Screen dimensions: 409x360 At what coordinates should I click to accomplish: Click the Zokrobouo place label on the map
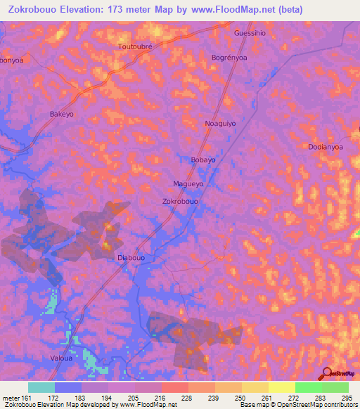pyautogui.click(x=180, y=201)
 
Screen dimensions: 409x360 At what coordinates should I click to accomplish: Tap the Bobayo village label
pyautogui.click(x=203, y=160)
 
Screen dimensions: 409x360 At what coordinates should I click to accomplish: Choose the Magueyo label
pyautogui.click(x=188, y=184)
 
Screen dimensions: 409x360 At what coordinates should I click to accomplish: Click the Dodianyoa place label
pyautogui.click(x=325, y=147)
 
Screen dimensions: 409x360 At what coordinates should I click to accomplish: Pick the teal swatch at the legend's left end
pyautogui.click(x=41, y=387)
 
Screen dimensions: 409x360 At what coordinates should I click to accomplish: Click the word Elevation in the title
pyautogui.click(x=81, y=9)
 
